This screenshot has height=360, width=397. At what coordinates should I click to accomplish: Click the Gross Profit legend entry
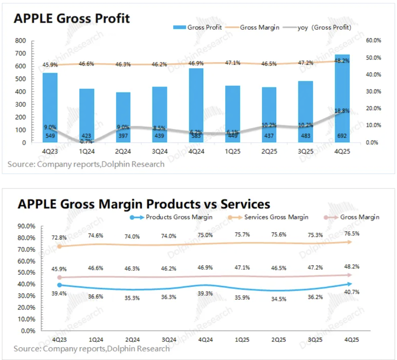tap(197, 27)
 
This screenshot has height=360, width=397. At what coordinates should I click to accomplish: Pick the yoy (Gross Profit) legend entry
tap(325, 27)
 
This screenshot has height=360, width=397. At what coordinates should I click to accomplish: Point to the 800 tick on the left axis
tap(21, 41)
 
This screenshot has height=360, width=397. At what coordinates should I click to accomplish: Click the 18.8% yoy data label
tap(342, 111)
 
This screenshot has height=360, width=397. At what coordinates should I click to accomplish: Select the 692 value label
tap(342, 135)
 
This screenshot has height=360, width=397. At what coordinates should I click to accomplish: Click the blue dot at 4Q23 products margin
tap(60, 285)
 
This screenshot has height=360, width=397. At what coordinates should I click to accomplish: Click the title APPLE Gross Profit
tap(72, 18)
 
